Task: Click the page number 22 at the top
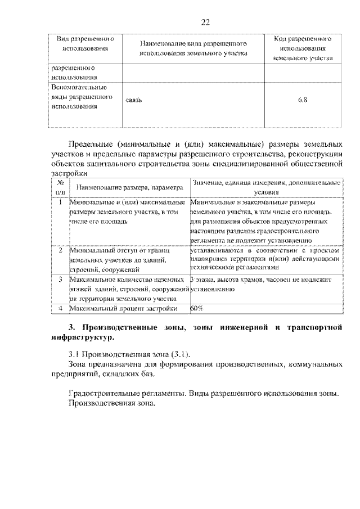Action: (x=205, y=22)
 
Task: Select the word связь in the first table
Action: (x=134, y=101)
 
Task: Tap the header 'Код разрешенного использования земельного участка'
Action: (x=302, y=48)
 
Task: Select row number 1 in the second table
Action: (x=60, y=201)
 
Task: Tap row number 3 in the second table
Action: (x=60, y=279)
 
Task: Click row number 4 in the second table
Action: (x=60, y=308)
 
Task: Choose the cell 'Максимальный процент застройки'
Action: (x=124, y=308)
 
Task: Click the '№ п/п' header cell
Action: (x=60, y=187)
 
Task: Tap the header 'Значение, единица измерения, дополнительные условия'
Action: (x=266, y=187)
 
